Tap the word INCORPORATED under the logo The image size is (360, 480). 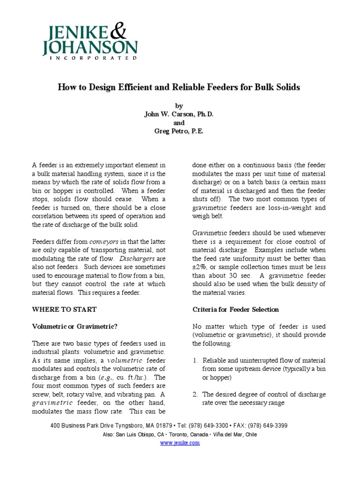point(90,58)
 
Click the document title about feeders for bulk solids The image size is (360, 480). point(179,87)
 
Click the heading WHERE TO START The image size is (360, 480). point(64,309)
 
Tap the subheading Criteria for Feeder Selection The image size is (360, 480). point(236,309)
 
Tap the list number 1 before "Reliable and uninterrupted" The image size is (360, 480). point(195,360)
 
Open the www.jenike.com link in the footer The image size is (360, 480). point(180,443)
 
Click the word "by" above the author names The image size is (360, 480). point(180,106)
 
